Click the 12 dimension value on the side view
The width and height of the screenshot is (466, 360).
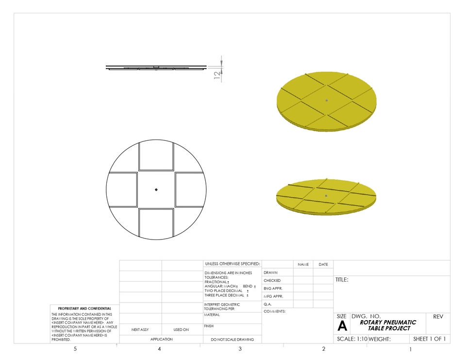click(217, 74)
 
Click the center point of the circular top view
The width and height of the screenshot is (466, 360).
click(156, 189)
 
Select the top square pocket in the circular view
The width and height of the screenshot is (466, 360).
click(156, 156)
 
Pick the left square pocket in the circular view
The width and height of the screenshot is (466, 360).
click(122, 189)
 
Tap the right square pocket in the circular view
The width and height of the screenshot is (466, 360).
click(189, 189)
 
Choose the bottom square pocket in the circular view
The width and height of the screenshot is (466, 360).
click(156, 223)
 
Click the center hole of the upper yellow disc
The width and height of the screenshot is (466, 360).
click(327, 101)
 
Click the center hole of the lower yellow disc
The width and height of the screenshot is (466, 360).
click(326, 196)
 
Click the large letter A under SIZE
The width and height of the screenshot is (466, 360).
click(342, 326)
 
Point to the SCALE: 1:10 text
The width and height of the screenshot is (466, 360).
click(352, 339)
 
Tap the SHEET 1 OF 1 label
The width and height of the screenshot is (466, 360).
click(429, 339)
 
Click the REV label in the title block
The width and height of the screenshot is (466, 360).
click(438, 316)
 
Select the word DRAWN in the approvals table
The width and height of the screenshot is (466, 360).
click(270, 273)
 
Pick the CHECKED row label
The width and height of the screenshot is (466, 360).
click(272, 280)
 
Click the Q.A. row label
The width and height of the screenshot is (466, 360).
click(267, 304)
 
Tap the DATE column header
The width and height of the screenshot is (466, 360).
click(323, 264)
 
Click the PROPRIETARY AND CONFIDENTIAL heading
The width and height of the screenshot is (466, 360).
click(84, 309)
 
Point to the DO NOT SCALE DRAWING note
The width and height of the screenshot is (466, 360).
click(232, 340)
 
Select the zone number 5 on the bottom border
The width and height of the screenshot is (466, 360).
click(75, 349)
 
